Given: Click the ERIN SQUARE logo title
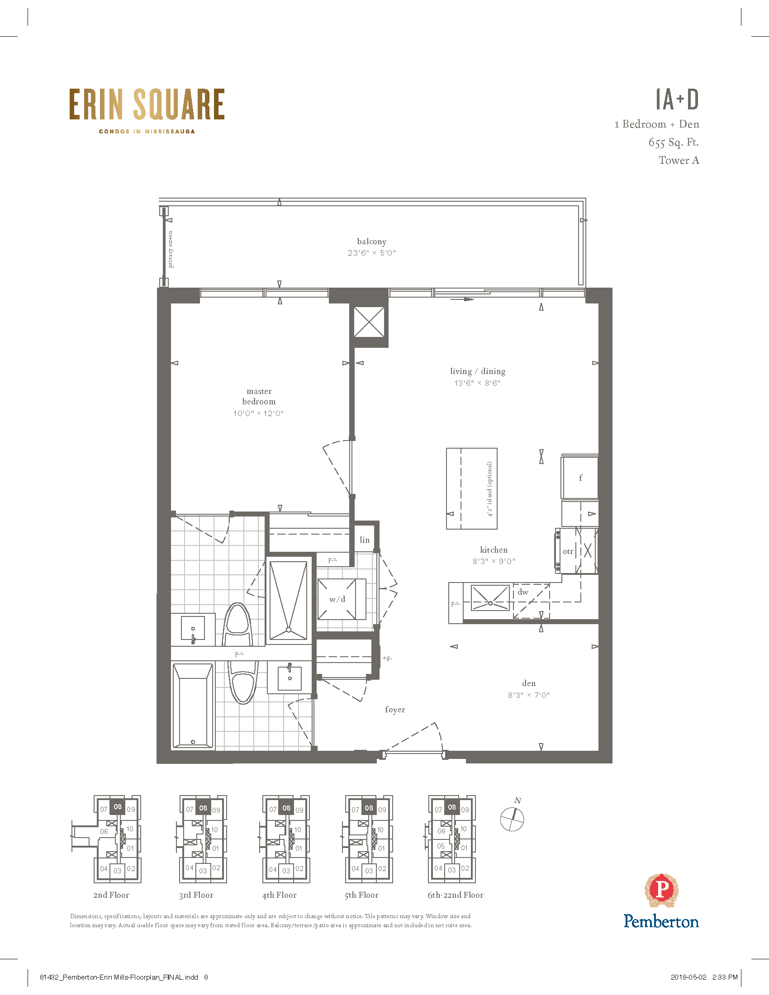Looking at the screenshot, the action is pos(147,104).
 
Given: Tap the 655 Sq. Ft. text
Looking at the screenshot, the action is pos(674,142).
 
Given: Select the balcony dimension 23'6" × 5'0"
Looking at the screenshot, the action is pos(372,253).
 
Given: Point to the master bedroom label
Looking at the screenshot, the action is pos(259,396).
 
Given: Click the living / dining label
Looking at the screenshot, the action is pos(477,371).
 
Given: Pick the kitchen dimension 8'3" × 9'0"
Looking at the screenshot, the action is pos(494,561).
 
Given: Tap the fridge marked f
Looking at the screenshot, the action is pos(580,478).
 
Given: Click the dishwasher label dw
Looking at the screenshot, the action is pos(523,592).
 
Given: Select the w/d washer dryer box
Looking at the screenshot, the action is pos(341,599).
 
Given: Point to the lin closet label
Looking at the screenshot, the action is pos(365,540).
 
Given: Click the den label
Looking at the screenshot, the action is pos(529,683).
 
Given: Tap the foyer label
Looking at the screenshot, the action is pos(395,709).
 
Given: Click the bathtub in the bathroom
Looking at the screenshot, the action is pos(193,705).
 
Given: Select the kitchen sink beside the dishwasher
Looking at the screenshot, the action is pos(490,598).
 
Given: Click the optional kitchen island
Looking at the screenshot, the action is pos(471,488).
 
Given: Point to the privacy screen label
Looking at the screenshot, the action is pos(171,249).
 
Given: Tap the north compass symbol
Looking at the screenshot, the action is pos(512,819).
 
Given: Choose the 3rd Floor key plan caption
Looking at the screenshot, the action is pos(196,895).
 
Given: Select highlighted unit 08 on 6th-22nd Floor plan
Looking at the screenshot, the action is pos(451,807).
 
